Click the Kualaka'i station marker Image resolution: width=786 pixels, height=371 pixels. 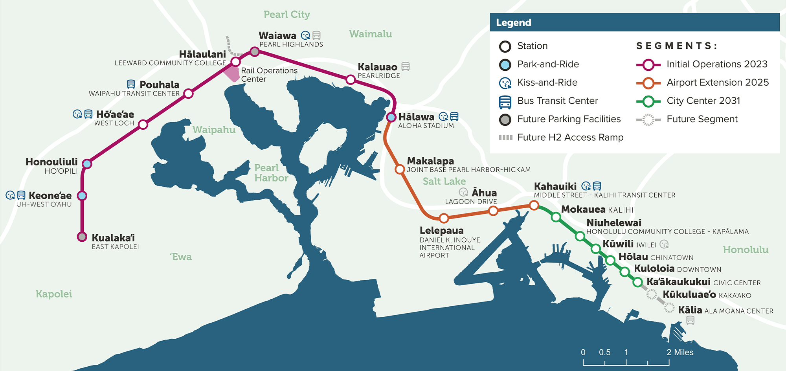(x=82, y=237)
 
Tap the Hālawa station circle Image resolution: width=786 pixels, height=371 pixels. (x=391, y=117)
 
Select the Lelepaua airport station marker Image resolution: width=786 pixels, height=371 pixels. (x=444, y=218)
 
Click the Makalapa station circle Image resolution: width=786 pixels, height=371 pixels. (x=400, y=169)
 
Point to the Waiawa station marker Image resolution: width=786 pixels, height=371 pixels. (x=255, y=51)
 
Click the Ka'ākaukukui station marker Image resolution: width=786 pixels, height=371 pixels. (x=638, y=282)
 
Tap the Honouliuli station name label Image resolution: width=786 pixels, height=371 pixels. (x=51, y=162)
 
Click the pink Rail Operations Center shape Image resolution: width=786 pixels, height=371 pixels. (x=232, y=73)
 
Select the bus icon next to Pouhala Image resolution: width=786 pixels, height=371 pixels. (x=131, y=84)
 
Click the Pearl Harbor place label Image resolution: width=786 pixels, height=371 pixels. (x=271, y=173)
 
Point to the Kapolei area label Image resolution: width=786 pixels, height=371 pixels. (x=54, y=294)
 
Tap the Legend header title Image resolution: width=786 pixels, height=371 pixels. (x=513, y=23)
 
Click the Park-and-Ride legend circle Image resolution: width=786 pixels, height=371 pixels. (x=505, y=64)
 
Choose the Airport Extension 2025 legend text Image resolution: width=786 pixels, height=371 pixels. (x=717, y=83)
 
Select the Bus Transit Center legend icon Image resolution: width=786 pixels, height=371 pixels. (x=505, y=102)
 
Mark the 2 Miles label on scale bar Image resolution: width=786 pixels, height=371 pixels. (x=679, y=352)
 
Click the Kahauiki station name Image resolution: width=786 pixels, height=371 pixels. (x=555, y=186)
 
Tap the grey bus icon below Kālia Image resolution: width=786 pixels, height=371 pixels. (x=690, y=321)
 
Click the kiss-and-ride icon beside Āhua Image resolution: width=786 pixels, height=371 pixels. (x=463, y=192)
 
